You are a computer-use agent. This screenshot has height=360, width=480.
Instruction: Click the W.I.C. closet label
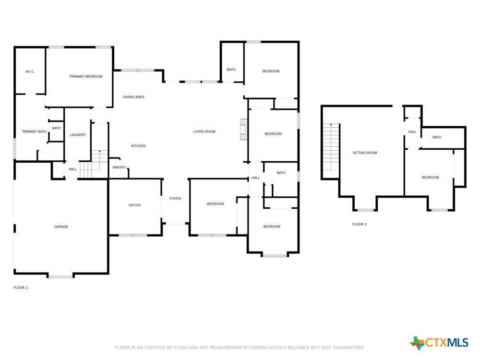coord(30,72)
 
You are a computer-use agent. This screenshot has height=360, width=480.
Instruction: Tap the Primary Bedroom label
coord(86,76)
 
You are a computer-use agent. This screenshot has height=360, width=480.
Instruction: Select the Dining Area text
coord(133,97)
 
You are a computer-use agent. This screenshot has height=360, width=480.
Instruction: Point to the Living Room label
coord(204,132)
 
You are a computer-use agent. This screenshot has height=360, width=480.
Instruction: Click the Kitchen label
coord(138,146)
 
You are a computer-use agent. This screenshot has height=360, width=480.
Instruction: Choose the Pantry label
coord(119,168)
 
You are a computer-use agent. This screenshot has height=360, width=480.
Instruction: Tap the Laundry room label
coord(78,135)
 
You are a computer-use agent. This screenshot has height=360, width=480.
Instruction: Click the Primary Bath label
coord(34,132)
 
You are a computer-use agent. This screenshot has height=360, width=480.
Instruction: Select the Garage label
coord(61,227)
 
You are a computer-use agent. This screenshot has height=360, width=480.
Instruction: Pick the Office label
coord(135,205)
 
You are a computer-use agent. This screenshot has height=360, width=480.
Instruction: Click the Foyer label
coord(175,199)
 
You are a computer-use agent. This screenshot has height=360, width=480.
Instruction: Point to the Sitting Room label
coord(365,153)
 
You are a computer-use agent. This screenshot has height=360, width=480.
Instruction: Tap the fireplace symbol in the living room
coord(244,129)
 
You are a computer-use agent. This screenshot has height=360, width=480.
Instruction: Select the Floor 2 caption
coord(360,224)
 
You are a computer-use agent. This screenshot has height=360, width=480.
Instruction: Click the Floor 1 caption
coord(21,288)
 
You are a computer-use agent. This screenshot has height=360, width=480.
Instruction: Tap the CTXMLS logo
coord(439,343)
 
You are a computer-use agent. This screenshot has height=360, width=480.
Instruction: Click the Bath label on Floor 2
coord(437,137)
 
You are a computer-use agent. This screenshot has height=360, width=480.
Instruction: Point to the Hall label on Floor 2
coord(412,132)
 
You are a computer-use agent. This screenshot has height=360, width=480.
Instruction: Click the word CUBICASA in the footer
coord(187,348)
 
